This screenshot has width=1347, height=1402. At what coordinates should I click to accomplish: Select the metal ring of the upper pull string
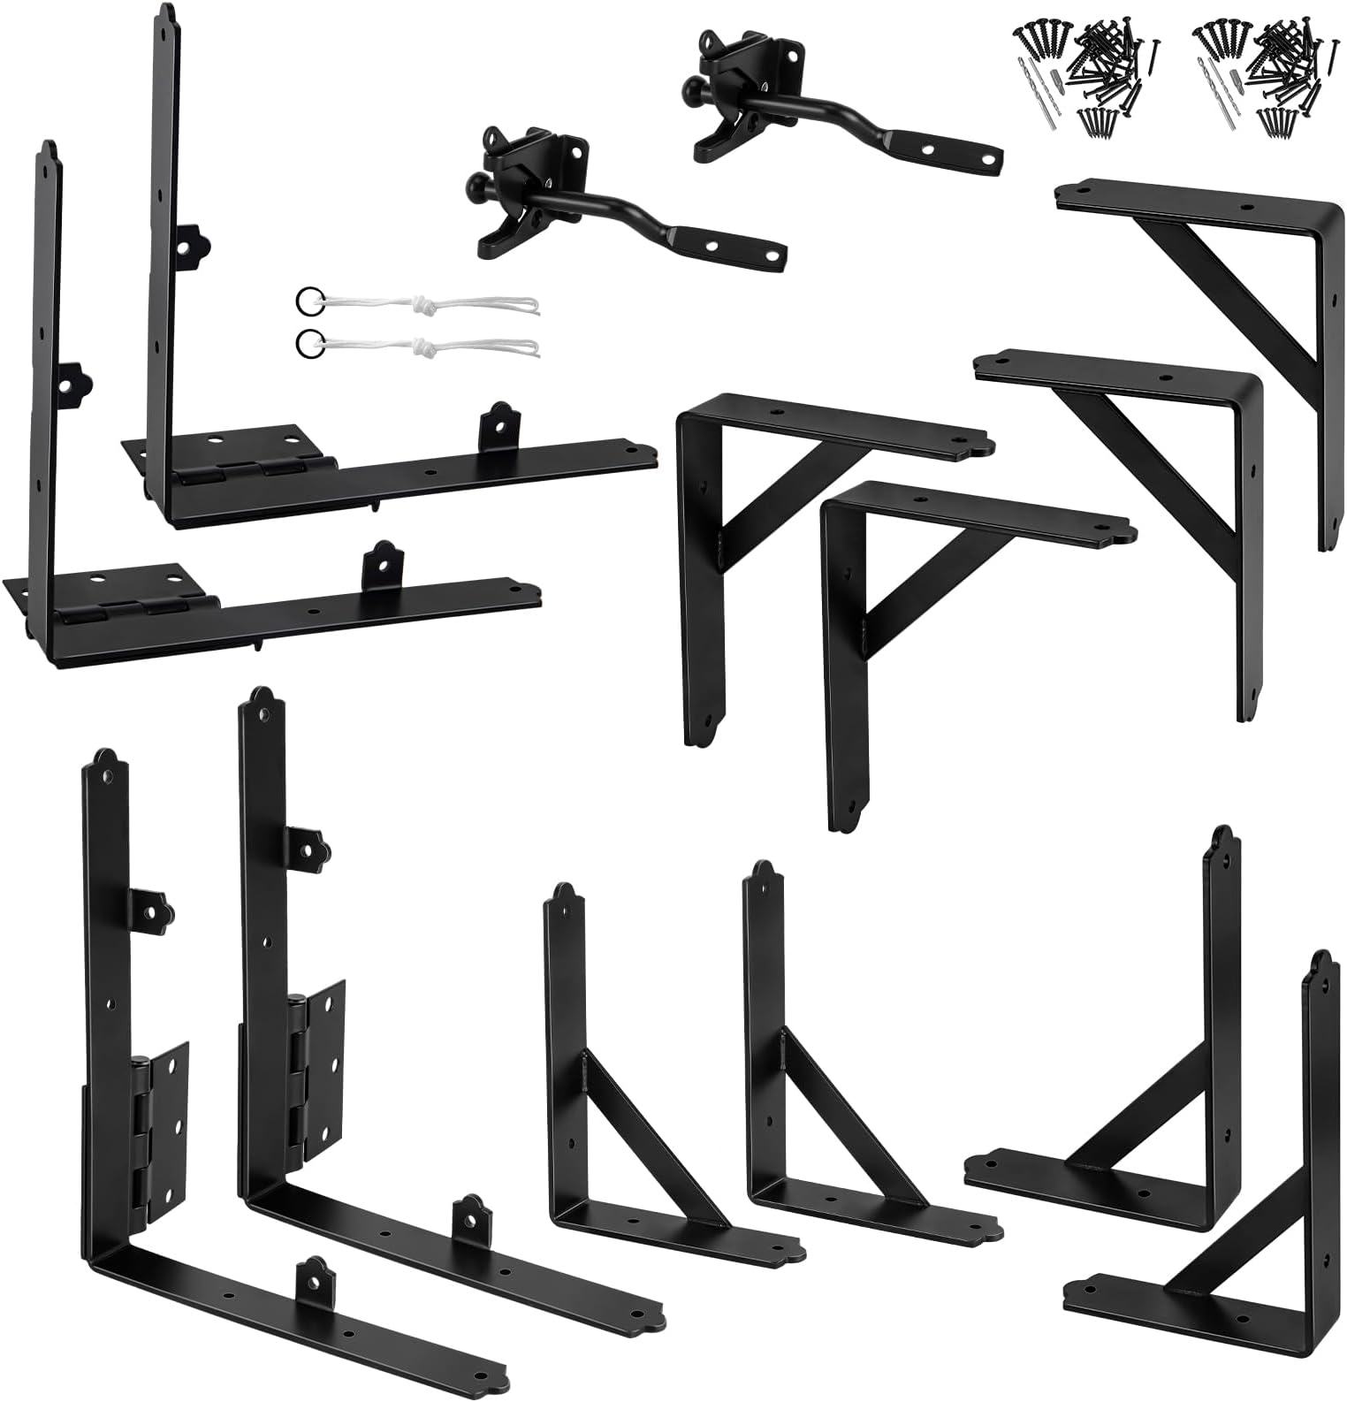click(307, 299)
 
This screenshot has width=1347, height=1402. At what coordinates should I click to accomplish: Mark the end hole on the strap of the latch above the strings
click(773, 257)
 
